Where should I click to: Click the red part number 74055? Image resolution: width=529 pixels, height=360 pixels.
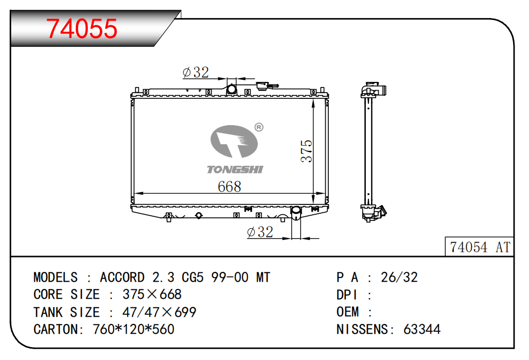coord(82,28)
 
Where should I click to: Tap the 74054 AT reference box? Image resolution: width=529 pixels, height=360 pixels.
coord(480,247)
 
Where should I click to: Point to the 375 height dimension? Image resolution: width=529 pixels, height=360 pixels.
coord(307,151)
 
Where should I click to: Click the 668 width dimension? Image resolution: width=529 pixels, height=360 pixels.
coord(230,186)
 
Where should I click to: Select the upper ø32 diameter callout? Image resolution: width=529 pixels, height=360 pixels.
coord(196,72)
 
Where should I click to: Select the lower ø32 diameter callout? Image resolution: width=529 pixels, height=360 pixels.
coord(260,232)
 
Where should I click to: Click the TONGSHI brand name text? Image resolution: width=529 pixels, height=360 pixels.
coord(235,169)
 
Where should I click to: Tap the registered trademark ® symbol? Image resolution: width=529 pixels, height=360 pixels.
coord(259,127)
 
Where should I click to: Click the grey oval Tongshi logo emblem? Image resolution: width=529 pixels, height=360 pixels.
coord(234,142)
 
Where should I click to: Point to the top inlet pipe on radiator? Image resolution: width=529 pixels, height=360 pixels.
coord(232,89)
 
